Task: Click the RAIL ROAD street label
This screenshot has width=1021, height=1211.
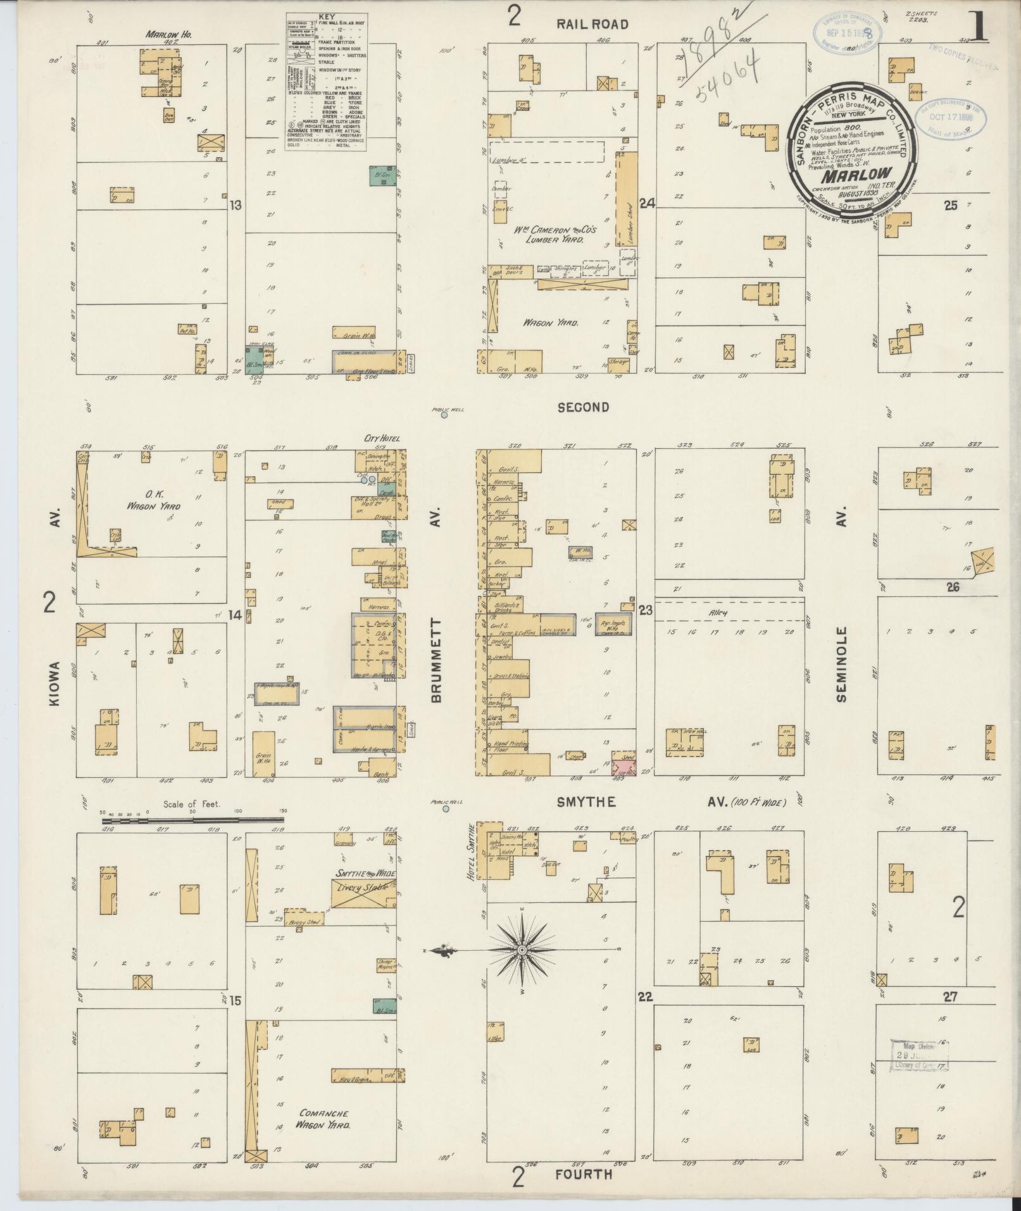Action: click(x=592, y=25)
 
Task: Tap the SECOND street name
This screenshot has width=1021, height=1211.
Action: click(x=583, y=408)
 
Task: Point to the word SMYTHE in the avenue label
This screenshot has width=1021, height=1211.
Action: click(x=586, y=802)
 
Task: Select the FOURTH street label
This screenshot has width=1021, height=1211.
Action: click(x=584, y=1174)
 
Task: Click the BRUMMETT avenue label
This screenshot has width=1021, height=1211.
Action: click(x=436, y=661)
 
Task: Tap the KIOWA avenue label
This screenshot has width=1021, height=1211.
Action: click(x=54, y=684)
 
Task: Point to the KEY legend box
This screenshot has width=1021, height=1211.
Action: click(x=327, y=82)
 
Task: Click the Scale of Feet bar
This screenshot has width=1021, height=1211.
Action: click(x=193, y=820)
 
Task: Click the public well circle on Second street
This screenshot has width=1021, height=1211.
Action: click(x=444, y=416)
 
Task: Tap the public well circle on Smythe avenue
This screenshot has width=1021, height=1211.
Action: click(x=446, y=809)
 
